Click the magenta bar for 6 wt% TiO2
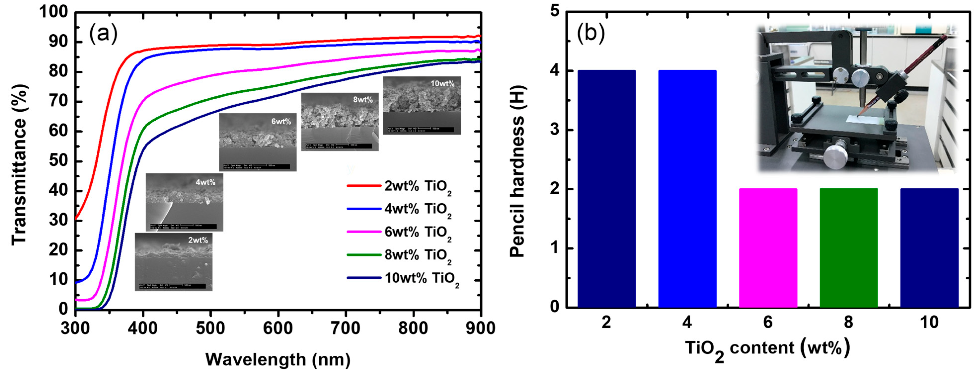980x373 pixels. point(768,248)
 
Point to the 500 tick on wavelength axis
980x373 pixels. point(210,328)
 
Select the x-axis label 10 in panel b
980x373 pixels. point(929,322)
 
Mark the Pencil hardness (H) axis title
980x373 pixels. point(517,171)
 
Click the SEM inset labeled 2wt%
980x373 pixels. point(173,262)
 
